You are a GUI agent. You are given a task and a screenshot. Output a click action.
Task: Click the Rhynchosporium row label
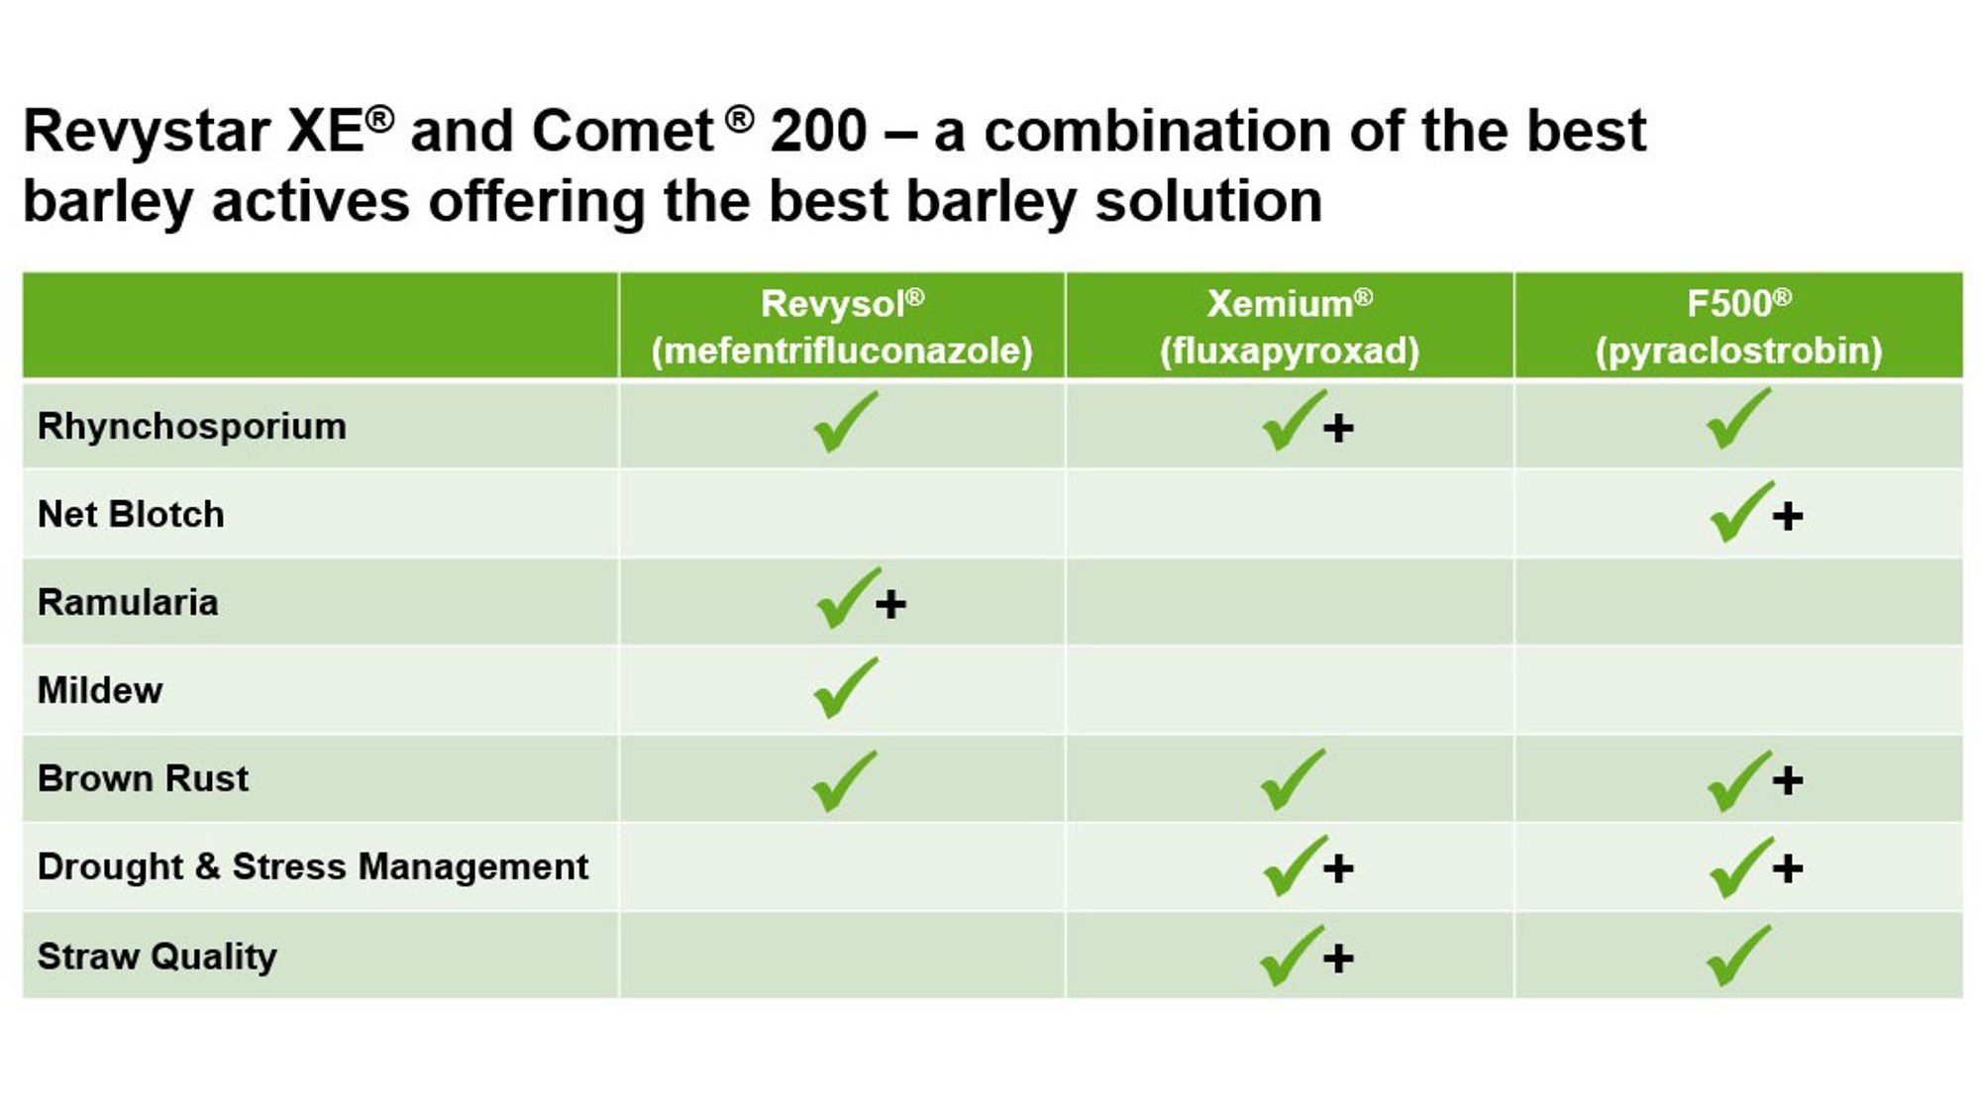[x=192, y=427]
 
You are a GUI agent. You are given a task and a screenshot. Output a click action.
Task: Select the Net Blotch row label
[x=131, y=514]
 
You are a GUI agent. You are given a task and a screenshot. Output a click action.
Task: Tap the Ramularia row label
[x=128, y=602]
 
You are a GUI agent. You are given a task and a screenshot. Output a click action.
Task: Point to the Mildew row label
[x=100, y=690]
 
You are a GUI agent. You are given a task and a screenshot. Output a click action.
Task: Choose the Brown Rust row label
[x=143, y=778]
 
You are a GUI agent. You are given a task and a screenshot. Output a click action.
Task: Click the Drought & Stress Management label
[x=313, y=866]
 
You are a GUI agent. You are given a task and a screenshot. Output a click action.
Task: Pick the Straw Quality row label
[x=156, y=957]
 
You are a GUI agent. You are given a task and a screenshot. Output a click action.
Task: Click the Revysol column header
[x=842, y=327]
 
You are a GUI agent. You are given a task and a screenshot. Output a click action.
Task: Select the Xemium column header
[x=1290, y=327]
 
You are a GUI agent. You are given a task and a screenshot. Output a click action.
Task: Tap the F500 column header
[x=1738, y=327]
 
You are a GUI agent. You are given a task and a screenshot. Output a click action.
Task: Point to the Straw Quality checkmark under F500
[x=1737, y=957]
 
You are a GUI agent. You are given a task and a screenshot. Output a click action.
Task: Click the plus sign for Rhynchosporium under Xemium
[x=1338, y=429]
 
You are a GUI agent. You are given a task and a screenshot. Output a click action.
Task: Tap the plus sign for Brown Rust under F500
[x=1788, y=781]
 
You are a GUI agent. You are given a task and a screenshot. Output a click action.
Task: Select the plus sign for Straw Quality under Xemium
[x=1338, y=959]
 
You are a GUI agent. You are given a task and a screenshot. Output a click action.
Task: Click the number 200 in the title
[x=819, y=131]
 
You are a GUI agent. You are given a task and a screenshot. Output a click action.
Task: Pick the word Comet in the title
[x=622, y=131]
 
